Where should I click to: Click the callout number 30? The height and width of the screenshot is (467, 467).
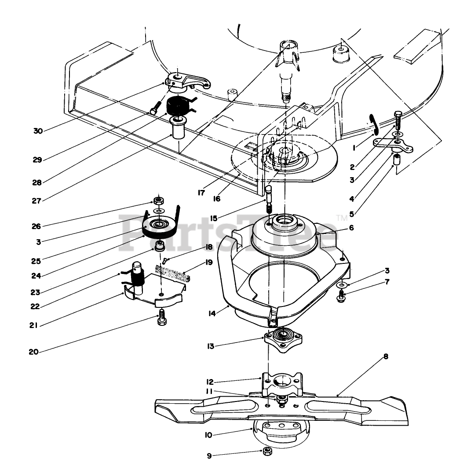(x=38, y=131)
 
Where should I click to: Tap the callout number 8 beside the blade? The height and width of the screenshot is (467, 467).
(x=386, y=357)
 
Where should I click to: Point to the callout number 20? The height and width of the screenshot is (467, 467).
(x=33, y=352)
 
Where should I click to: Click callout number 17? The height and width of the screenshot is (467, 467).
(x=202, y=192)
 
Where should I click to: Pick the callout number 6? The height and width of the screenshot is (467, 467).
(x=351, y=228)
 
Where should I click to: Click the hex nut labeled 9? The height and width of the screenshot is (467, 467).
(x=266, y=452)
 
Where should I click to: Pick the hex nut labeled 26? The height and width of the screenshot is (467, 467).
(x=157, y=201)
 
